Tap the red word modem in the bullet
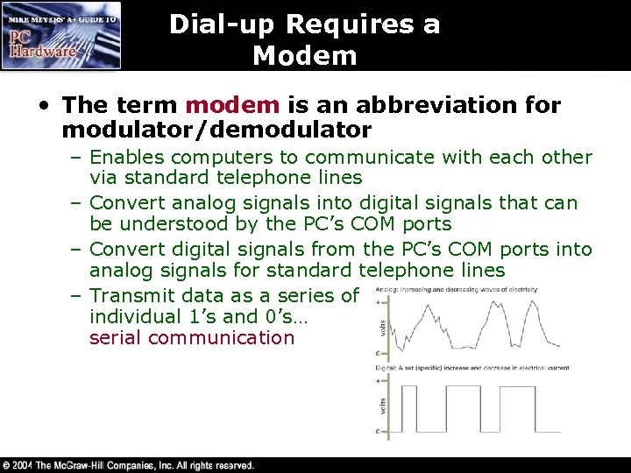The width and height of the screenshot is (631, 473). pyautogui.click(x=232, y=106)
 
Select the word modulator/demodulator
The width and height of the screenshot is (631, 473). pyautogui.click(x=217, y=131)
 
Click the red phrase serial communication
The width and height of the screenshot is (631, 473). pyautogui.click(x=192, y=338)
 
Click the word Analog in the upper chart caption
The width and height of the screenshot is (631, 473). pyautogui.click(x=383, y=289)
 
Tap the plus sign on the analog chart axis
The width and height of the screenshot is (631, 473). pyautogui.click(x=378, y=301)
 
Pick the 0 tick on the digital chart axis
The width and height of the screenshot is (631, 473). pyautogui.click(x=378, y=432)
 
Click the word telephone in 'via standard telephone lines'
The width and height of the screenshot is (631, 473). pyautogui.click(x=252, y=178)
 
